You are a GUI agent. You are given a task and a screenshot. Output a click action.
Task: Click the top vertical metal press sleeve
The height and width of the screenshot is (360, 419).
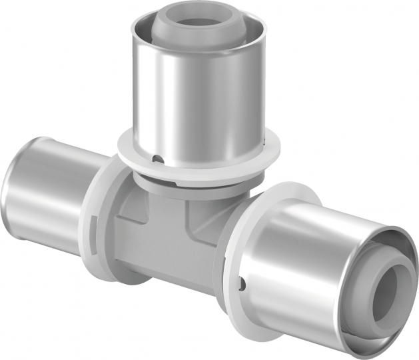pos(200,87)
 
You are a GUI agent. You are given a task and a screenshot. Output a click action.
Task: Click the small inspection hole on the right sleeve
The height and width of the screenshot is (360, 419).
pos(244,287)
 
